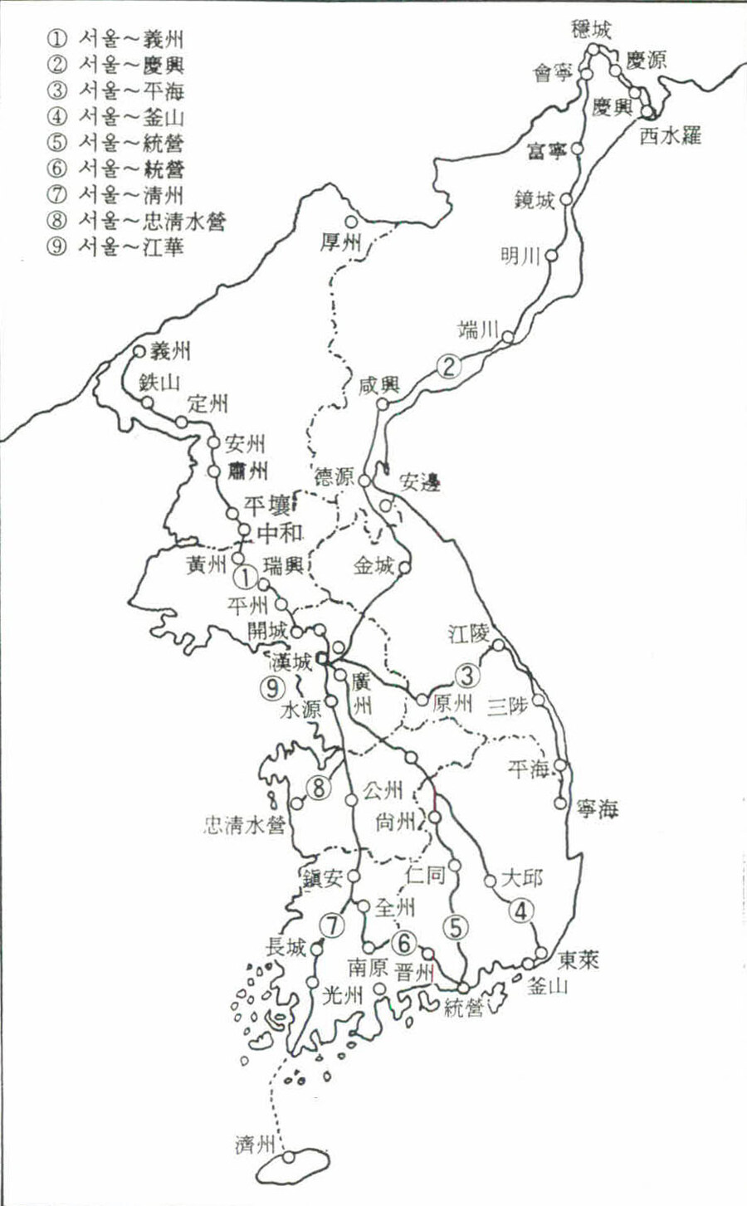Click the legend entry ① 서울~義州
coord(116,38)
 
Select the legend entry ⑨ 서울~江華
coord(116,247)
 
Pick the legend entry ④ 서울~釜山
coord(116,117)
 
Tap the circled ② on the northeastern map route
coord(448,366)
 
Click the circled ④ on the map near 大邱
coord(520,911)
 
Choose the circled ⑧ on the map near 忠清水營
coord(319,788)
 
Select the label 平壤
coord(266,505)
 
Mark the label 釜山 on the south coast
coord(548,986)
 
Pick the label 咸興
coord(379,384)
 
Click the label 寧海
coord(598,808)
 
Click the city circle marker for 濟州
coord(288,1156)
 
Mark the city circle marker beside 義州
coord(139,351)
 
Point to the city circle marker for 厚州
coord(351,222)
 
